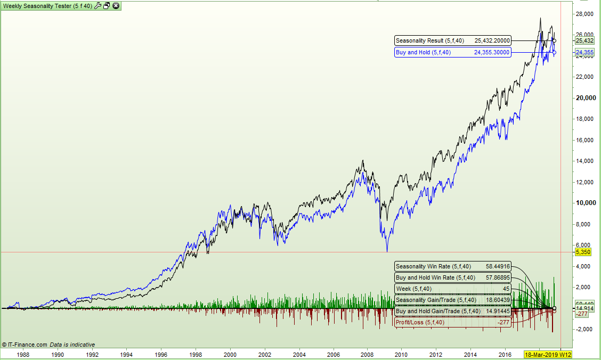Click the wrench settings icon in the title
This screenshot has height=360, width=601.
click(x=98, y=6)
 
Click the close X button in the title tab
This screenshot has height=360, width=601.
click(x=116, y=6)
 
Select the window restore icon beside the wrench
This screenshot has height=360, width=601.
click(x=107, y=6)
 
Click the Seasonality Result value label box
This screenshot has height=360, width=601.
click(x=452, y=40)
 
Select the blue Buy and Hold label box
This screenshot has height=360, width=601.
click(x=452, y=52)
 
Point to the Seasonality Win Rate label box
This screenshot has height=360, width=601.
click(x=452, y=266)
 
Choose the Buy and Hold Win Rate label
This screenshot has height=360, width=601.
click(x=452, y=277)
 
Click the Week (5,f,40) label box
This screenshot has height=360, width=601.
click(x=452, y=289)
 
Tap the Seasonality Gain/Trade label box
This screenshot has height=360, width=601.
click(x=452, y=300)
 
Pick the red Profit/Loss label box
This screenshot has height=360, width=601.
click(x=452, y=322)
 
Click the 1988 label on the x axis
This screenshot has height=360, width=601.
click(x=23, y=354)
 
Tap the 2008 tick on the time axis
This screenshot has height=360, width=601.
click(x=367, y=354)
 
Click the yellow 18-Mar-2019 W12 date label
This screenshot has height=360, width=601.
click(x=548, y=355)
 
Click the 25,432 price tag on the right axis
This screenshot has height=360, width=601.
click(x=584, y=40)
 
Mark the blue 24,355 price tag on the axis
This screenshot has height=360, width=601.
click(x=584, y=52)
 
